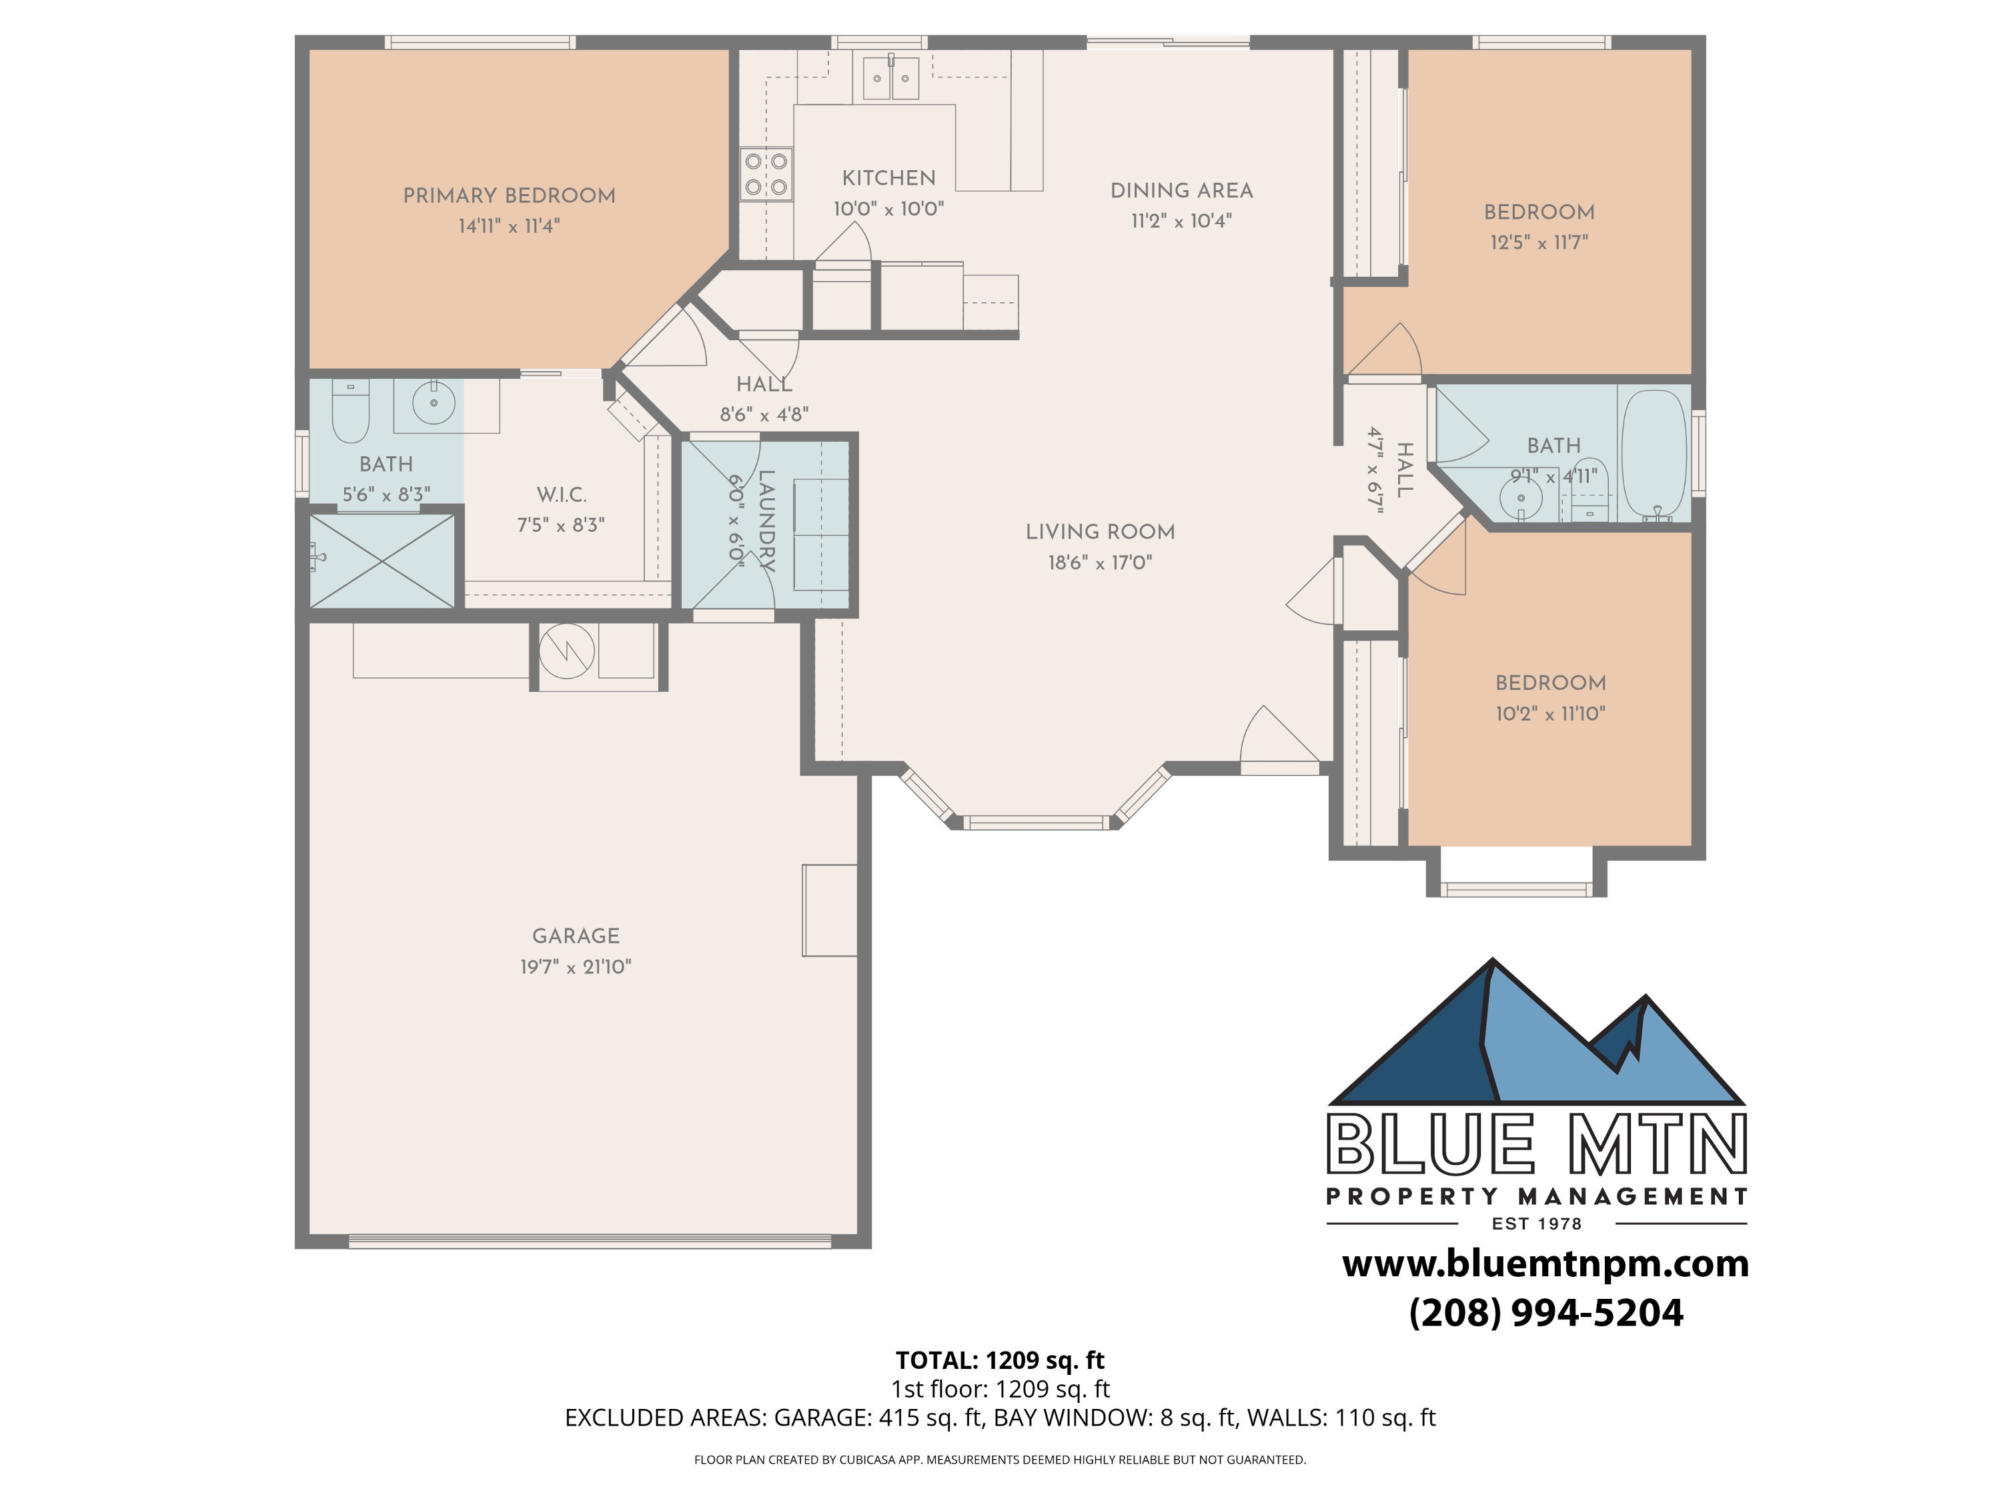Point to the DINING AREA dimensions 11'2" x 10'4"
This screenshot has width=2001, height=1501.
(x=1181, y=221)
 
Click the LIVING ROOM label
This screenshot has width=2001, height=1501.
(x=1100, y=532)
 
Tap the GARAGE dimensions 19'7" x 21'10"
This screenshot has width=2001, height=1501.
(x=576, y=966)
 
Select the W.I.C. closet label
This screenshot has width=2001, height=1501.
(x=561, y=495)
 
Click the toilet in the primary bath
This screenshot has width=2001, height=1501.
(x=350, y=412)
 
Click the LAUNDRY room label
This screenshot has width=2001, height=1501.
(x=765, y=520)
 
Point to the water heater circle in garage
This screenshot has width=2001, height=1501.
(x=566, y=650)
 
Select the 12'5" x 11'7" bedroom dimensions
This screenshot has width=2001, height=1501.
(x=1539, y=242)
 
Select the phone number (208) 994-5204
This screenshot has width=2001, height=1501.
(x=1545, y=1313)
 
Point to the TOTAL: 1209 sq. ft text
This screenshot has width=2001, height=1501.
(x=1000, y=1360)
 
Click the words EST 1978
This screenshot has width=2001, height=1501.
(x=1536, y=1224)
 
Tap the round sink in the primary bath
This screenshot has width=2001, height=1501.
(x=434, y=404)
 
